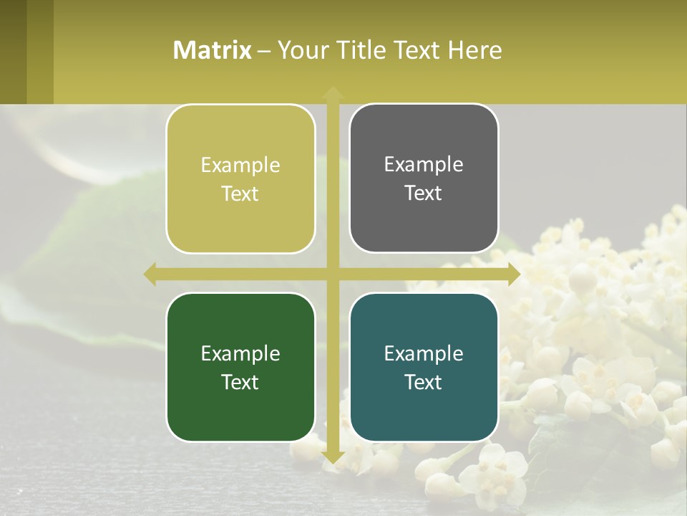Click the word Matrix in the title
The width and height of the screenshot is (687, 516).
pyautogui.click(x=213, y=50)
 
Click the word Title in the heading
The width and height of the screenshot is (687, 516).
pyautogui.click(x=361, y=50)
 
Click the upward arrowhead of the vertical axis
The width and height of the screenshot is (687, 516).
pyautogui.click(x=332, y=92)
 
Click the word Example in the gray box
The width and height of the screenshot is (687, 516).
pyautogui.click(x=424, y=164)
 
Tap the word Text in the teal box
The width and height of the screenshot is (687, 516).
pyautogui.click(x=424, y=382)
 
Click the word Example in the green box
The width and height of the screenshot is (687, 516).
pyautogui.click(x=240, y=353)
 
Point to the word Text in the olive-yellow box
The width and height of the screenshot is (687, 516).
pyautogui.click(x=240, y=193)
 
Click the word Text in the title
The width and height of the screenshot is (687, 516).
pyautogui.click(x=419, y=50)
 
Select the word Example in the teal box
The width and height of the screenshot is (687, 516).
pyautogui.click(x=424, y=353)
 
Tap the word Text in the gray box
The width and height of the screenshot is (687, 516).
pyautogui.click(x=424, y=193)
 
